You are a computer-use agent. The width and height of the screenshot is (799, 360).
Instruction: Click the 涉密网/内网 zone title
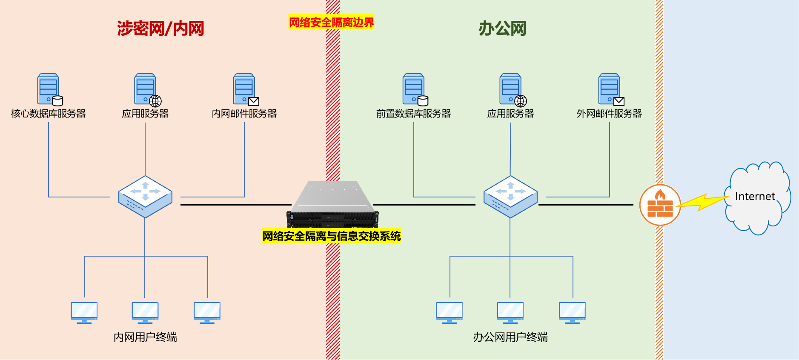tap(160, 29)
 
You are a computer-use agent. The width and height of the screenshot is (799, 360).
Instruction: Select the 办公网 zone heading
tap(502, 29)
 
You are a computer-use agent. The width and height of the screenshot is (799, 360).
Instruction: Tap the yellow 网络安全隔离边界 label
tap(331, 22)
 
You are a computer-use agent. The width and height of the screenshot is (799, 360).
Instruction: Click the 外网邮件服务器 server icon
tap(610, 89)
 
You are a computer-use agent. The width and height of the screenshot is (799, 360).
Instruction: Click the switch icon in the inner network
tap(145, 197)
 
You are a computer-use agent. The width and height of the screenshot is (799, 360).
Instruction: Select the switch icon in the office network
tap(510, 197)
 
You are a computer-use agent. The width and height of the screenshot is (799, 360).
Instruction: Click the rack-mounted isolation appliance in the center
tap(332, 204)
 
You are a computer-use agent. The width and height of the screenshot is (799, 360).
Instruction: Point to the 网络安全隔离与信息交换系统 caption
tap(331, 236)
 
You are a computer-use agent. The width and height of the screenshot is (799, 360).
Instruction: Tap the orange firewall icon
tap(660, 205)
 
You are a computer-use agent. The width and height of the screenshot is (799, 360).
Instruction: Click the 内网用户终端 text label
tap(145, 337)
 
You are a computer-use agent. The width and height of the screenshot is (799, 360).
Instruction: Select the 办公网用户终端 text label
tap(510, 337)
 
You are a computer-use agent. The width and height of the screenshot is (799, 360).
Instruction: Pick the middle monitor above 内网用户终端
tap(145, 312)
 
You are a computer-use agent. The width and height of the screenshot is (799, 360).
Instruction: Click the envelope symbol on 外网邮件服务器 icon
tap(619, 101)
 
